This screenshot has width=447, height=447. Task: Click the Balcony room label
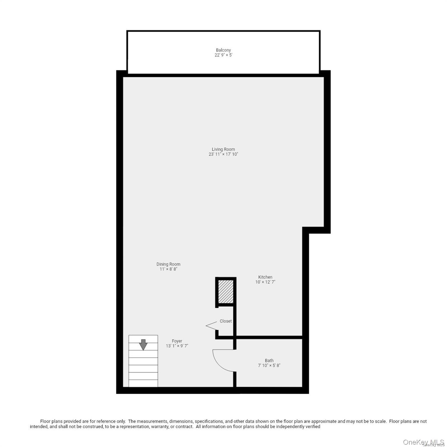[x=223, y=50]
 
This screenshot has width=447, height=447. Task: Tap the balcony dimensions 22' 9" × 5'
[x=223, y=55]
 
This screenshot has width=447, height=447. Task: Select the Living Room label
[x=223, y=149]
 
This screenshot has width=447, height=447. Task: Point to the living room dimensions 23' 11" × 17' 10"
[x=223, y=154]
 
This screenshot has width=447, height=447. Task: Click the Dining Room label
[x=168, y=264]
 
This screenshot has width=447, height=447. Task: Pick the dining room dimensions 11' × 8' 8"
[x=168, y=269]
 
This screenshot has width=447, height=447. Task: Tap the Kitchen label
[x=265, y=277]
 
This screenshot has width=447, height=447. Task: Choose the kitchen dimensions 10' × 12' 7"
[x=265, y=282]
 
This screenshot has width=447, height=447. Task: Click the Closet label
[x=226, y=321]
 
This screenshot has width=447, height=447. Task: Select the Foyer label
[x=177, y=341]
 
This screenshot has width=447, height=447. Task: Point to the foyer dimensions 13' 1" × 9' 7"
[x=177, y=346]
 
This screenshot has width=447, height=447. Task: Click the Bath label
[x=269, y=361]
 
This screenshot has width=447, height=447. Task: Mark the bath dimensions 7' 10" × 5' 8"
[x=269, y=366]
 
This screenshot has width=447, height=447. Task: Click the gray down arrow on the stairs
[x=143, y=345]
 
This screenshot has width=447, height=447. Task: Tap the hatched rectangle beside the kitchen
[x=226, y=291]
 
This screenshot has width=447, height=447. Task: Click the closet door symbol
[x=212, y=326]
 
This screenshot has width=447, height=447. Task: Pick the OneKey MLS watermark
[x=423, y=442]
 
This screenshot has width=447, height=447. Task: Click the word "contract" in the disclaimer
[x=184, y=427]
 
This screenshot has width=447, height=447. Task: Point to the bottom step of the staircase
[x=143, y=383]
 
